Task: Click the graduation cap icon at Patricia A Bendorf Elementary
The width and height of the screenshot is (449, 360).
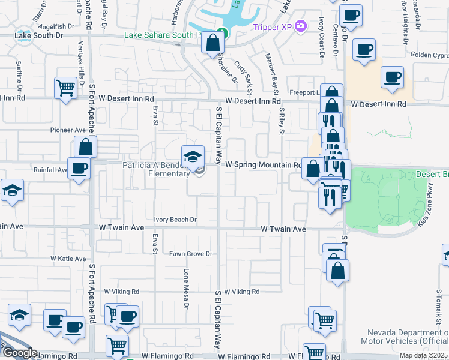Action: pyautogui.click(x=193, y=157)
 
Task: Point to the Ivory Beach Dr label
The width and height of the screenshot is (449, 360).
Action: pyautogui.click(x=175, y=220)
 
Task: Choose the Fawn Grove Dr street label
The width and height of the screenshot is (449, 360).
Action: pyautogui.click(x=191, y=254)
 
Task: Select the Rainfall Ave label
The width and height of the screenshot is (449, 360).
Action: pyautogui.click(x=50, y=170)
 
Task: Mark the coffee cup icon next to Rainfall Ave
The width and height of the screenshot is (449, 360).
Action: pyautogui.click(x=79, y=168)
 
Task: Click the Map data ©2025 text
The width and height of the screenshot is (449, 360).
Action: pyautogui.click(x=423, y=356)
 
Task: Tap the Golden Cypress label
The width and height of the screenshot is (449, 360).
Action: pyautogui.click(x=429, y=55)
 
